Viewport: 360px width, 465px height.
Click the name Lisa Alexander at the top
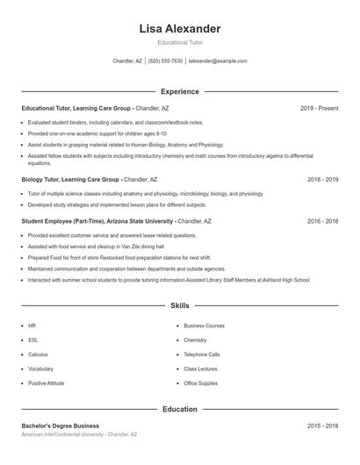click(180, 29)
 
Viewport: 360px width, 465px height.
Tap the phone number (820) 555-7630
click(165, 61)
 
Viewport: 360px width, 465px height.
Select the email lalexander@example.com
click(218, 61)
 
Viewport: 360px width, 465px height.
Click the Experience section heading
click(180, 91)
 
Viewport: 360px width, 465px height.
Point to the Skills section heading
click(180, 306)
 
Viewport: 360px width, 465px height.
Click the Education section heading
click(180, 409)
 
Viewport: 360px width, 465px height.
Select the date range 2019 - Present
click(319, 108)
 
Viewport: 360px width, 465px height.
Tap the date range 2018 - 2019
click(322, 179)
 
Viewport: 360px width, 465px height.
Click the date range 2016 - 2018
click(322, 221)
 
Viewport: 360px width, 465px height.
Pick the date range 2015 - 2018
click(322, 426)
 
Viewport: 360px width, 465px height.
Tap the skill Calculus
click(38, 354)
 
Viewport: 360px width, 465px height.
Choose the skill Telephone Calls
click(202, 354)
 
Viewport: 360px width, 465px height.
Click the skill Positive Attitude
click(46, 383)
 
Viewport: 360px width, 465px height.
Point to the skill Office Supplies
click(200, 383)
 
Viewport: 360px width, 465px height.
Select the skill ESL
click(32, 340)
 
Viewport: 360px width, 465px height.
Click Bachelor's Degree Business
click(60, 426)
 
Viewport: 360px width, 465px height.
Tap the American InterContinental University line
click(79, 434)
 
